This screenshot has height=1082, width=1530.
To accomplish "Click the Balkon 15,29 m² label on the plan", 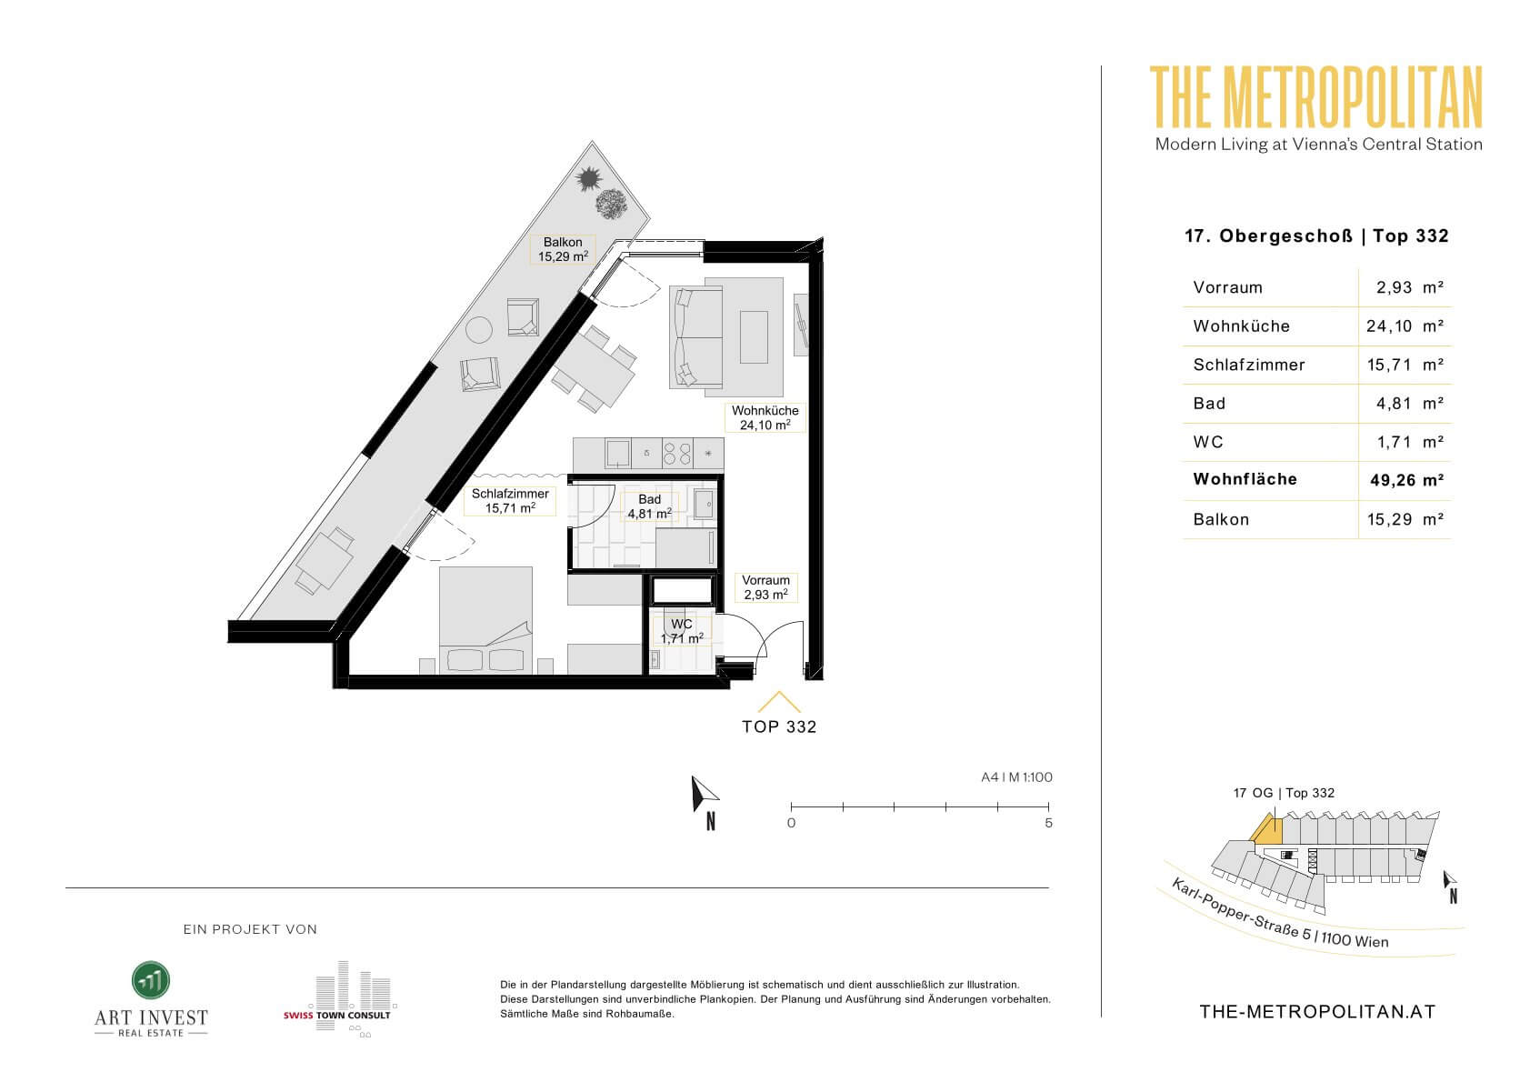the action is click(563, 249).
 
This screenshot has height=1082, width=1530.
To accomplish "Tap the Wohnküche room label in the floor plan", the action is click(765, 417).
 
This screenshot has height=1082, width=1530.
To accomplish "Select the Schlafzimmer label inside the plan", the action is click(510, 501).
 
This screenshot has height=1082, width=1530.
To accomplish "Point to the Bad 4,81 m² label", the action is click(650, 506).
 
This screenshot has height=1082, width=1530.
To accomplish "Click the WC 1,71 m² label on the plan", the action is click(682, 631).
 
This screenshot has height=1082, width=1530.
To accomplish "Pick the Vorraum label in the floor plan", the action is click(765, 587).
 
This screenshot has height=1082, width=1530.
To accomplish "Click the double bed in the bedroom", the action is click(485, 620).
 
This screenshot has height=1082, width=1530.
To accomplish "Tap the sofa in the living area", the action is click(696, 337).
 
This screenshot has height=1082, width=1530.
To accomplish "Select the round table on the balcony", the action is click(479, 330).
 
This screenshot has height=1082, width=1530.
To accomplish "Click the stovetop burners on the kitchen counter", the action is click(677, 454).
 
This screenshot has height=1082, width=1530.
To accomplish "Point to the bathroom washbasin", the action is click(705, 504).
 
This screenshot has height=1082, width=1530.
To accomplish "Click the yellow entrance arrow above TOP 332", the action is click(779, 702).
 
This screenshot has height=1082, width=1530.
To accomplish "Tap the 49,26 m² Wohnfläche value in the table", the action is click(1407, 480).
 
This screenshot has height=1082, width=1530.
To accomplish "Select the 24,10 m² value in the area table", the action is click(1405, 326).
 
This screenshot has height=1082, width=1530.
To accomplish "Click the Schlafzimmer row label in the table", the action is click(1248, 365).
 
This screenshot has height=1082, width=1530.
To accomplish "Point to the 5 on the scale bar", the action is click(1048, 823).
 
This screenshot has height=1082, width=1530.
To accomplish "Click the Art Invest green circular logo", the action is click(151, 980).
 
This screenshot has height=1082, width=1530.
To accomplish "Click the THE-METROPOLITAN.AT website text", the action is click(1317, 1012).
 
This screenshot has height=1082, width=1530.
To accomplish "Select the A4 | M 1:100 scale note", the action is click(1016, 776).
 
